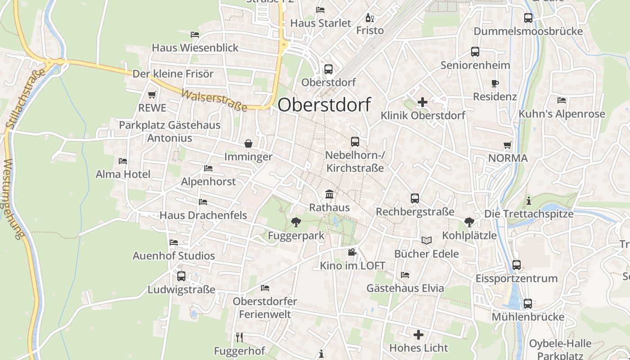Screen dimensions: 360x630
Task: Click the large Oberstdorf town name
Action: click(x=324, y=105)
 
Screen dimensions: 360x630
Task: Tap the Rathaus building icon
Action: click(x=329, y=194)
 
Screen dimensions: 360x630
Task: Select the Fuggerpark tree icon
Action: click(x=296, y=222)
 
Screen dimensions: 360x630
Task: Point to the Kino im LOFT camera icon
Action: click(x=352, y=252)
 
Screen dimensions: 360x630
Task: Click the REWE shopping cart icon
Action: click(x=152, y=94)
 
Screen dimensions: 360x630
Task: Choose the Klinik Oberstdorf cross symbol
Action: click(x=422, y=102)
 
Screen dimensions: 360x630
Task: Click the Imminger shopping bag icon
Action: click(x=248, y=144)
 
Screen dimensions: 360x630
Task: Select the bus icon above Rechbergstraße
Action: click(x=414, y=198)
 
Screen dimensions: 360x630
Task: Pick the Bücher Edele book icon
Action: click(x=426, y=240)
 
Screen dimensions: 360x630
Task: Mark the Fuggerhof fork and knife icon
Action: click(x=239, y=337)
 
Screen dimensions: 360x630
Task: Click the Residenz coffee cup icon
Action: click(x=495, y=83)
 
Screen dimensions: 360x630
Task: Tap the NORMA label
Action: click(x=508, y=158)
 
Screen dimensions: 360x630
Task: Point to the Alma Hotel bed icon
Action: click(x=122, y=161)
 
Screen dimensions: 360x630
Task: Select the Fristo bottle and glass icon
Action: click(x=369, y=18)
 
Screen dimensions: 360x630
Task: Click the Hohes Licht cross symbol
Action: click(x=418, y=334)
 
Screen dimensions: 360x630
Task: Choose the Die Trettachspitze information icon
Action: click(x=529, y=200)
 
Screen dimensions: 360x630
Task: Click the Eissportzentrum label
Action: click(x=517, y=278)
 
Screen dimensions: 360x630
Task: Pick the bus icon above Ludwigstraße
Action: click(x=181, y=276)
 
